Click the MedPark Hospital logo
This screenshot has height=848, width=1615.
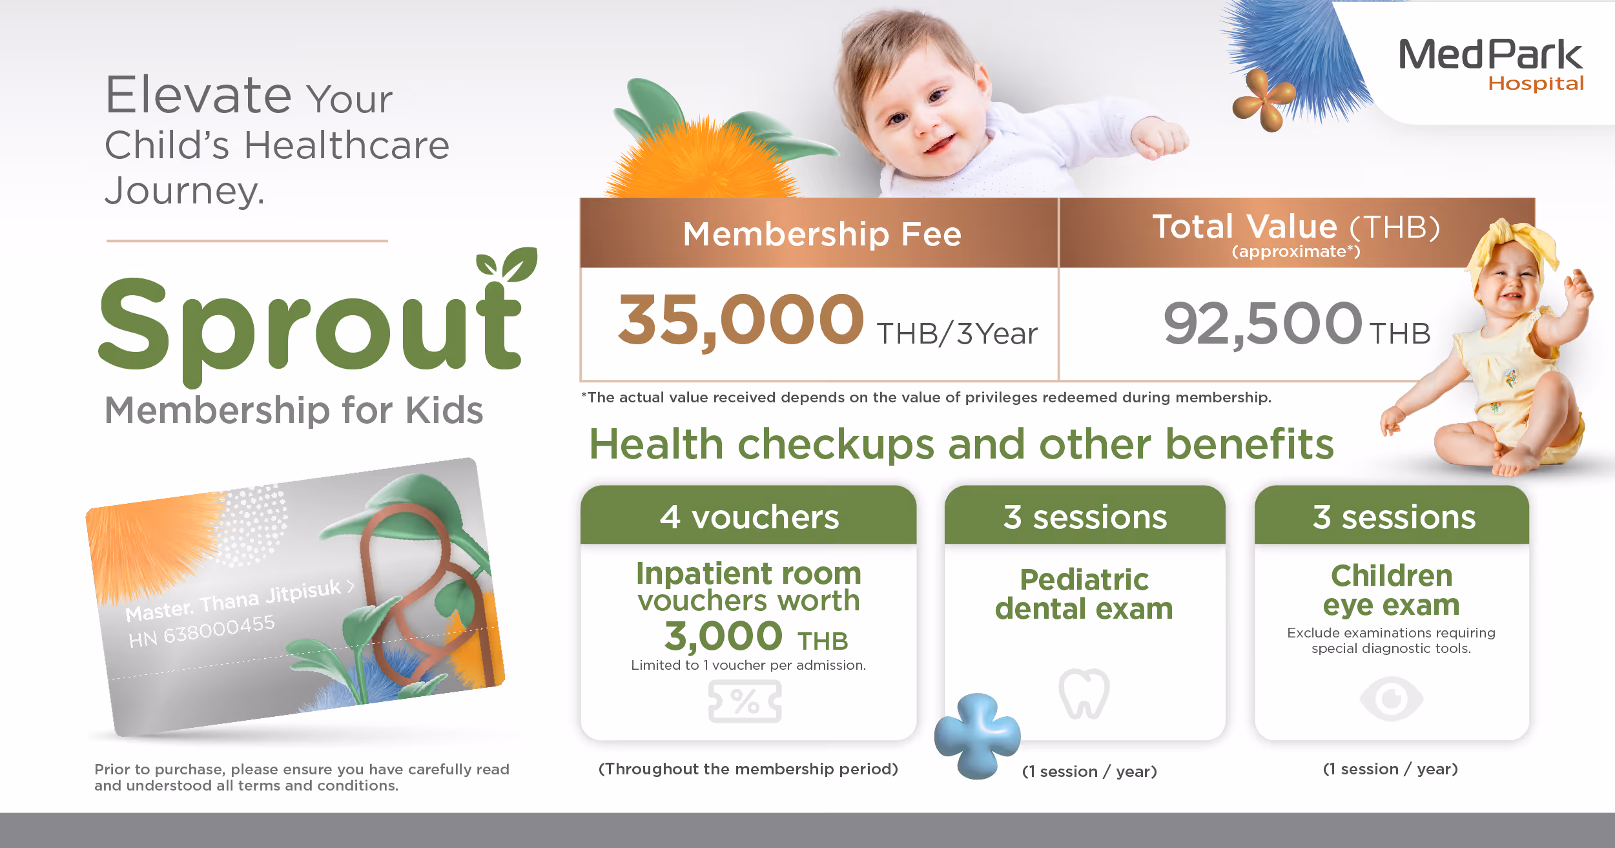[x=1491, y=64]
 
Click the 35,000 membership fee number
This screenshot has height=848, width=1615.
[x=741, y=320]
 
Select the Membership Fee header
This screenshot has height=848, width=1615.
[x=822, y=234]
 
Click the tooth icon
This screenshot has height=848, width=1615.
[x=1084, y=694]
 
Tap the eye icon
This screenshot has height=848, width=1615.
[x=1391, y=698]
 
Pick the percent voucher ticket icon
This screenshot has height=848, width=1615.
[x=745, y=701]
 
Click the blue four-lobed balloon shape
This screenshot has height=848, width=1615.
[x=977, y=736]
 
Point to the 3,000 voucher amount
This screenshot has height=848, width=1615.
[x=723, y=636]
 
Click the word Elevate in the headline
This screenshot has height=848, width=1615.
[x=199, y=95]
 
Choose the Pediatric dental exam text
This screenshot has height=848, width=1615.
[x=1084, y=594]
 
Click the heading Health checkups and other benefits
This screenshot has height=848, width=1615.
[x=962, y=444]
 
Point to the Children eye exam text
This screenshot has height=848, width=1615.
[x=1392, y=590]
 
